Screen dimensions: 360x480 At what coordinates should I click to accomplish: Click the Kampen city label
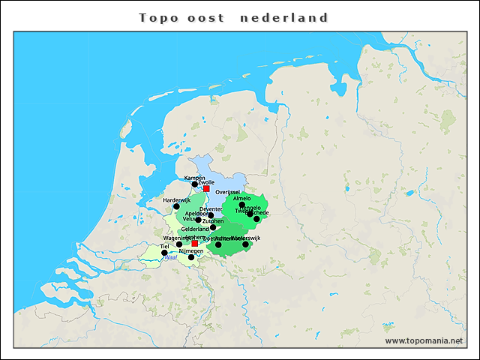click(x=194, y=177)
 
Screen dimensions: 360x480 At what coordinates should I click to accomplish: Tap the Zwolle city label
click(x=207, y=182)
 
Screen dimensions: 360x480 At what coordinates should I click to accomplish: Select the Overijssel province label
click(x=226, y=193)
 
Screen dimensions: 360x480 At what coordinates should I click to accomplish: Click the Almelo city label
click(x=242, y=198)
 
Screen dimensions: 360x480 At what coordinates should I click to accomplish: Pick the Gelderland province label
click(x=195, y=229)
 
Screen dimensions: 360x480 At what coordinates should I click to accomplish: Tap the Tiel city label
click(x=164, y=246)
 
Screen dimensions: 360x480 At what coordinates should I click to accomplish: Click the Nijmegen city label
click(x=191, y=250)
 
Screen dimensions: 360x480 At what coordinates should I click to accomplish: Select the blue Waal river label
click(x=170, y=257)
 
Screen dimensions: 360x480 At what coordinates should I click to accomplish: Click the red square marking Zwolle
click(x=206, y=189)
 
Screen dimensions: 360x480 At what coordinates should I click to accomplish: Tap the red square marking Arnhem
click(x=195, y=243)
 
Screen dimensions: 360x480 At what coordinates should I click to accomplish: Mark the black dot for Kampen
click(x=194, y=184)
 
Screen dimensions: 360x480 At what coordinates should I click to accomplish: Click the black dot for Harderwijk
click(x=177, y=206)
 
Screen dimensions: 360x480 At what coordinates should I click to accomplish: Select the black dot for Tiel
click(x=164, y=253)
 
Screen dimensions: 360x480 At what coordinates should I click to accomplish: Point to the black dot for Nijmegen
click(x=191, y=257)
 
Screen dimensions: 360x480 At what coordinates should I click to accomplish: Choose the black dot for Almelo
click(x=241, y=205)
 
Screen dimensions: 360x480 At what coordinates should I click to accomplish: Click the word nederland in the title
click(x=284, y=17)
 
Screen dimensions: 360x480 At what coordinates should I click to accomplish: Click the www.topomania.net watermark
click(x=424, y=340)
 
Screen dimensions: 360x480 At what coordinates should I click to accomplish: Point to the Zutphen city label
click(x=213, y=221)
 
